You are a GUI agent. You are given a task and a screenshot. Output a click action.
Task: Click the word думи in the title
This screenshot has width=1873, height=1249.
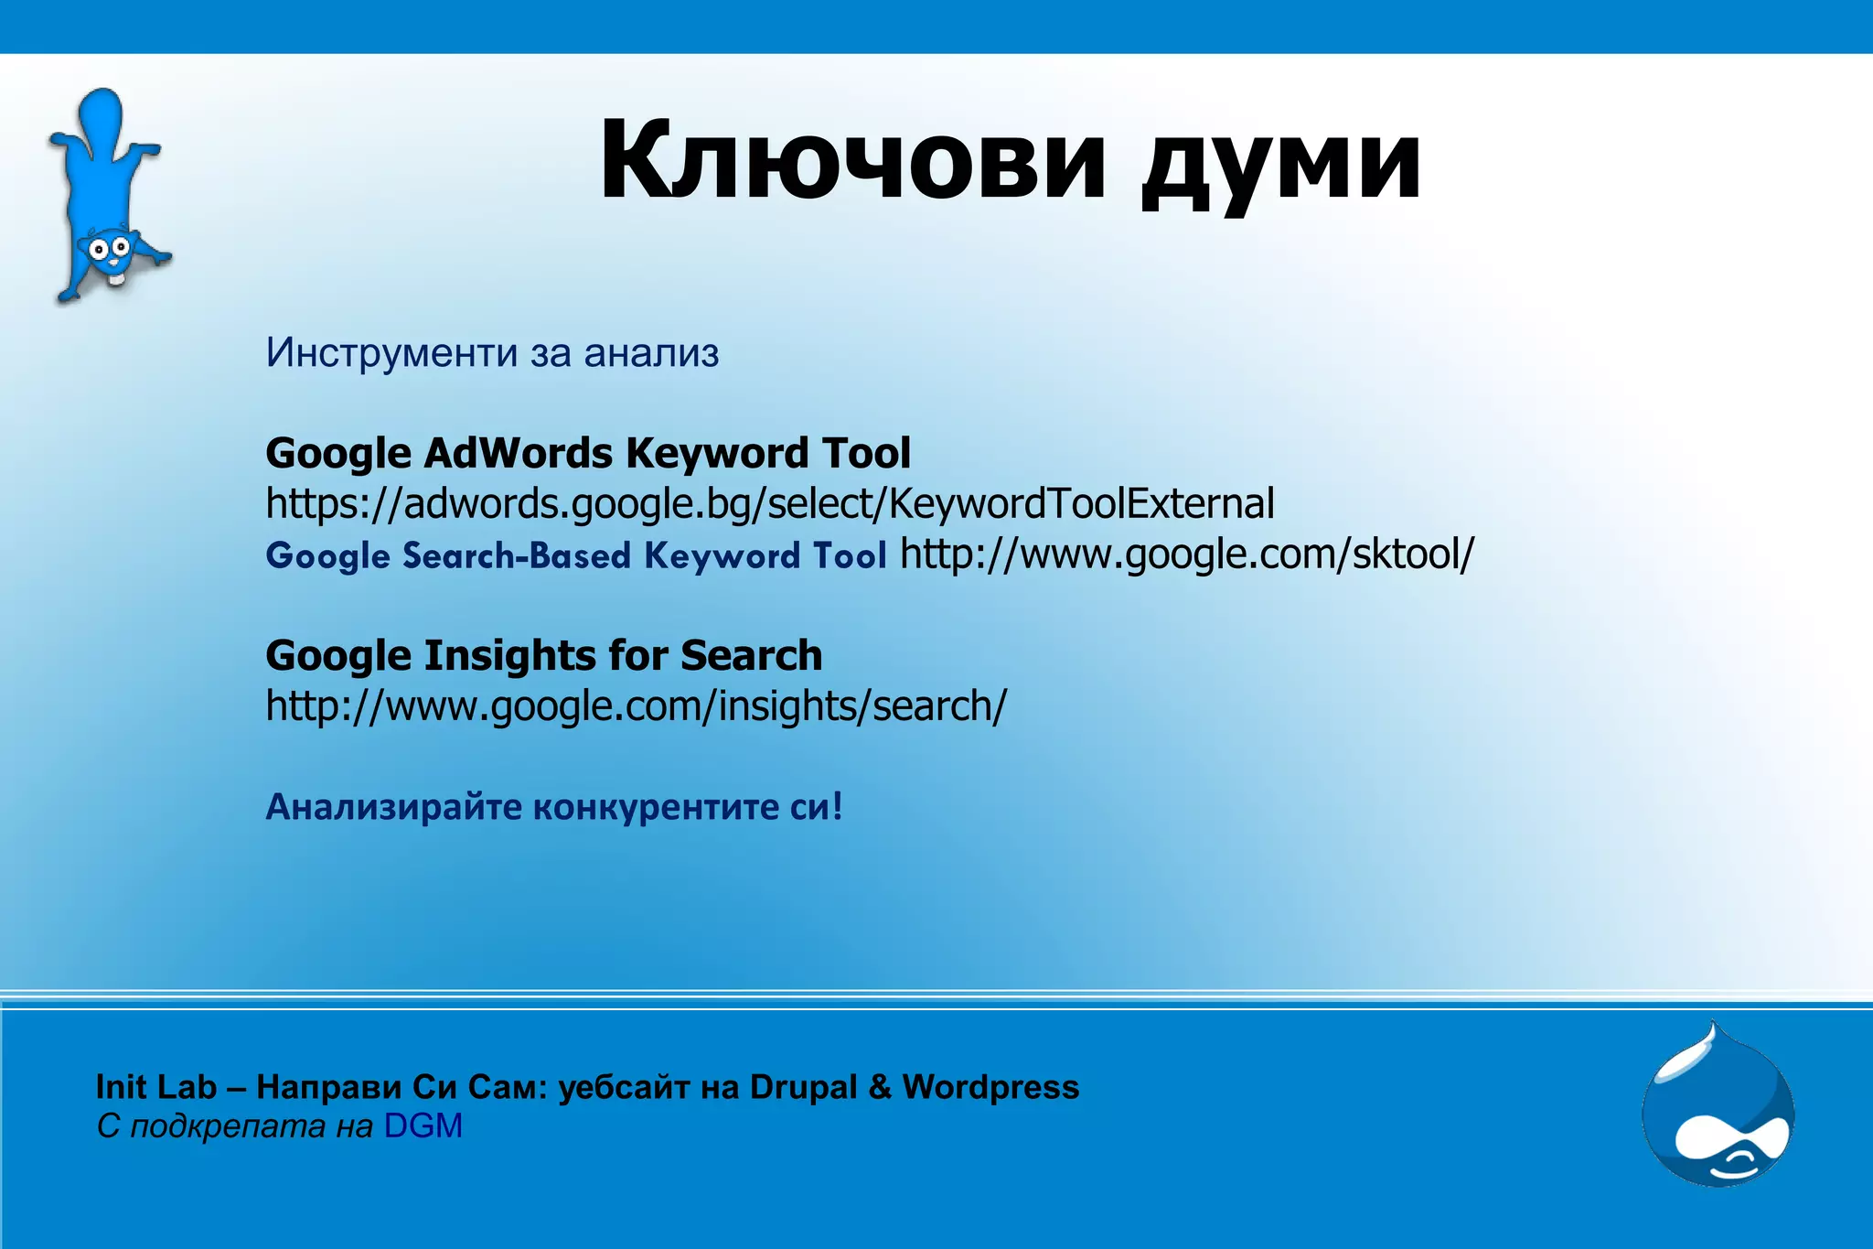point(1280,165)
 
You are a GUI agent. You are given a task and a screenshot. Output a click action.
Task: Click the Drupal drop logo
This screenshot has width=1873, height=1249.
point(1718,1106)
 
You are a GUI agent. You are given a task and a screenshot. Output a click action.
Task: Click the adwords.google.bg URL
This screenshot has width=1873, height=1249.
point(769,504)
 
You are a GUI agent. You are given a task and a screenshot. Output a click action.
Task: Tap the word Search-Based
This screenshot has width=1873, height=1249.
point(517,556)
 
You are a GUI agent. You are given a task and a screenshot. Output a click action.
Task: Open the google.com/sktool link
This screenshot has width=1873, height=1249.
point(1187,555)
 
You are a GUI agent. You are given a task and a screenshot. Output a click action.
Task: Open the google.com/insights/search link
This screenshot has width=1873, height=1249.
point(636,706)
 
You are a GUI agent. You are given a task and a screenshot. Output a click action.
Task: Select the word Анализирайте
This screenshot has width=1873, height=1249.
point(393,807)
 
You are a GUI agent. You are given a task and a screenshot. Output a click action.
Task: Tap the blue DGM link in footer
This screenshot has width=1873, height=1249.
point(423,1126)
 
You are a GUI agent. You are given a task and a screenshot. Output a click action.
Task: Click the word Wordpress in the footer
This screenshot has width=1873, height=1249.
point(990,1087)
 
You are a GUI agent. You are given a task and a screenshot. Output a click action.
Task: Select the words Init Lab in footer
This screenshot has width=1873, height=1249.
point(156,1087)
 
